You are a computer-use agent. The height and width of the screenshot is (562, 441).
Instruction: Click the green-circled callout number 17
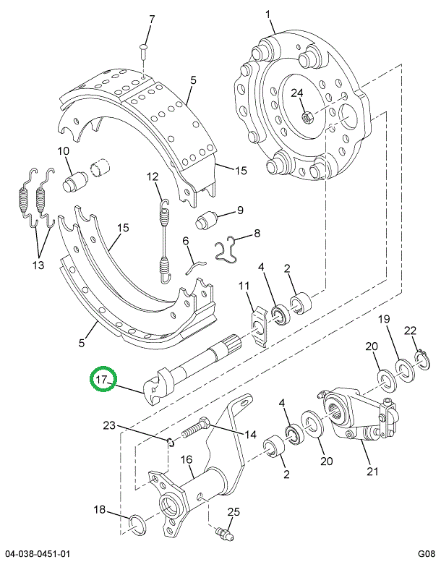click(x=103, y=379)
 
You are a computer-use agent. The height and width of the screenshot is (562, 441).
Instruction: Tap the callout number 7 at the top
click(x=151, y=19)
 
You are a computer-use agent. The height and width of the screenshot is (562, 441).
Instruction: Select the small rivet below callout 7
click(x=144, y=51)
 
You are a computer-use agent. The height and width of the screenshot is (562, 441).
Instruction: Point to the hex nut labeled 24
click(x=307, y=114)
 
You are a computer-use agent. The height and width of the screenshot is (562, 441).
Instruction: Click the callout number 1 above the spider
click(x=269, y=14)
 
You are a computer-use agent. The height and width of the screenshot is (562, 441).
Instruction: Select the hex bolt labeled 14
click(x=193, y=430)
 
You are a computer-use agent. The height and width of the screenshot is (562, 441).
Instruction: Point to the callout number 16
click(x=186, y=459)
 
